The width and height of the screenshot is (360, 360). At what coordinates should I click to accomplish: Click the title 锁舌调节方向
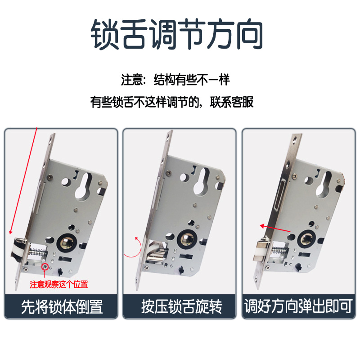tap(177, 34)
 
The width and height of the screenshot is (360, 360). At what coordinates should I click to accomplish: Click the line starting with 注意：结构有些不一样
tap(175, 80)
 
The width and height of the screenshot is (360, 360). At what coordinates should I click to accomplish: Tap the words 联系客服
tap(231, 102)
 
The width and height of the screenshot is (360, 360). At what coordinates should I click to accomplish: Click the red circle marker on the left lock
tap(45, 267)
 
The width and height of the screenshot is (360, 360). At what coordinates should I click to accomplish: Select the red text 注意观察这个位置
tap(59, 284)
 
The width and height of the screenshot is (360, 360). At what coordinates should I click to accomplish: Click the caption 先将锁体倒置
tap(62, 306)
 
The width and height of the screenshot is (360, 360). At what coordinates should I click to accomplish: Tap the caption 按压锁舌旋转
tap(182, 306)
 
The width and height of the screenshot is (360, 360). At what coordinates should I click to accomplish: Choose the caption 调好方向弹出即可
tap(298, 306)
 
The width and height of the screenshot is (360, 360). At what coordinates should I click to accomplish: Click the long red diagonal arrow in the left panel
tap(23, 181)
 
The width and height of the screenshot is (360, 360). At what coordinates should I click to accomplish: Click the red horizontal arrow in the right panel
tap(275, 229)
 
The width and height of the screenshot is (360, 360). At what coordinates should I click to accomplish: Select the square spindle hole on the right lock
tap(307, 239)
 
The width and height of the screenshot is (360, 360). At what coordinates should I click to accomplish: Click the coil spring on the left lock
tap(38, 252)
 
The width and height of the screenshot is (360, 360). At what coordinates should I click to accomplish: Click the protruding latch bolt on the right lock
tap(261, 251)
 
